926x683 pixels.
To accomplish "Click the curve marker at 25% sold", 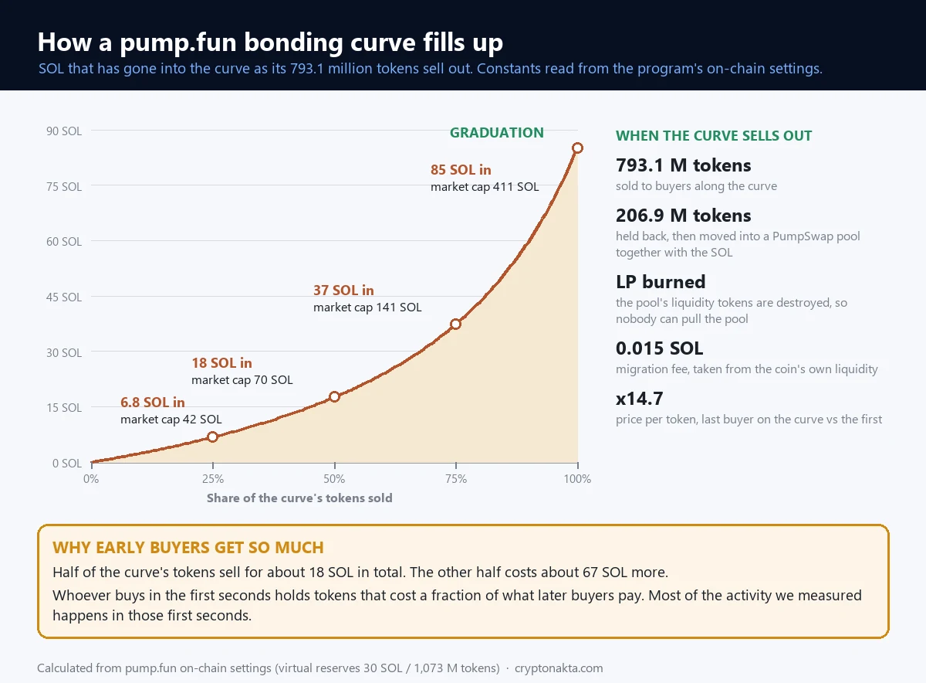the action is tap(212, 437).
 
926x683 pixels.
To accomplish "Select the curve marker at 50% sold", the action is tap(334, 396).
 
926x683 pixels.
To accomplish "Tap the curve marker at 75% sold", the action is tap(455, 324).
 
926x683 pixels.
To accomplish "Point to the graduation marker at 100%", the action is tap(577, 148).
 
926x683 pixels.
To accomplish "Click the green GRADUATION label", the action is tap(496, 132).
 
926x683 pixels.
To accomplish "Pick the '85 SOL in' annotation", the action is tap(461, 170).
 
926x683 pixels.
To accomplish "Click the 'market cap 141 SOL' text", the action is tap(367, 308).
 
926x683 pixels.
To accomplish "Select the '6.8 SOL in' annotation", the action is tap(153, 402).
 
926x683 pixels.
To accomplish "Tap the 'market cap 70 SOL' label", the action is tap(242, 379).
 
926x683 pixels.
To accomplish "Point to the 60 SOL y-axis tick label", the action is tap(63, 241).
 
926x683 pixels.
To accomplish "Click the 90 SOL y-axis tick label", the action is tap(63, 131).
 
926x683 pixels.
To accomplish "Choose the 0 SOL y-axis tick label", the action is tap(66, 464).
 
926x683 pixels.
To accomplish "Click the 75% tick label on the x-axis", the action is tap(456, 479).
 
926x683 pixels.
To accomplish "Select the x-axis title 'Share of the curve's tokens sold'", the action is tap(299, 498).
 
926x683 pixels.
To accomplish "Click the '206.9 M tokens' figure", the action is tap(683, 216).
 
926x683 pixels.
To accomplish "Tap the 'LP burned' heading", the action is tap(661, 282).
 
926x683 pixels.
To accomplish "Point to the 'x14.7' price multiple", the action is tap(639, 399).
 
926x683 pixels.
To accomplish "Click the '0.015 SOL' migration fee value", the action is tap(659, 348).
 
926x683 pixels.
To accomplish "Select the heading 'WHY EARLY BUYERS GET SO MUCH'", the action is tap(188, 547).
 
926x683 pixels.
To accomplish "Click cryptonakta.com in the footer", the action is tap(559, 668).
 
